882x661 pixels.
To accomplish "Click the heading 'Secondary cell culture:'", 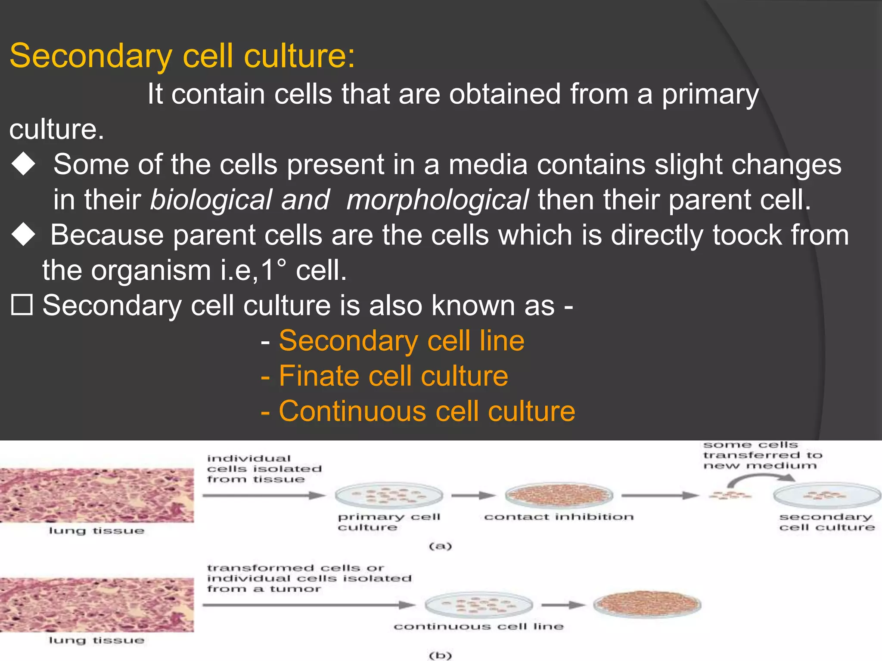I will click(x=182, y=56).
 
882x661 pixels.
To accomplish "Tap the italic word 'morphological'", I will click(x=438, y=200).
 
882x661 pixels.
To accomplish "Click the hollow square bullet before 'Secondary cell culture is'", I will click(x=22, y=305).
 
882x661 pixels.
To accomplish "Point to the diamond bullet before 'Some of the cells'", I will click(x=23, y=164).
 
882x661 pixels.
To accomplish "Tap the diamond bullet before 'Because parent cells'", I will click(x=23, y=235).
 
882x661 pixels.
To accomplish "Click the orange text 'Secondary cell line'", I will click(x=401, y=341).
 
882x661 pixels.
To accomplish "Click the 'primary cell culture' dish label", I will click(x=388, y=522).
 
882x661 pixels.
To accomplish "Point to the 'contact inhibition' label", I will click(x=559, y=517).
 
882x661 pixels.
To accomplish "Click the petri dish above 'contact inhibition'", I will click(x=559, y=495).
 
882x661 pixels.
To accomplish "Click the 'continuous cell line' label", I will click(x=478, y=627).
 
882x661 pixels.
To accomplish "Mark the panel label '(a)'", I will click(x=440, y=546).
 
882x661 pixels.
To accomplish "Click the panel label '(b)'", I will click(x=440, y=655).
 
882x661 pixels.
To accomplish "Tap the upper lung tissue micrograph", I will click(x=96, y=495).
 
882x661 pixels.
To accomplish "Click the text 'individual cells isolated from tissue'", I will click(x=264, y=469).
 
